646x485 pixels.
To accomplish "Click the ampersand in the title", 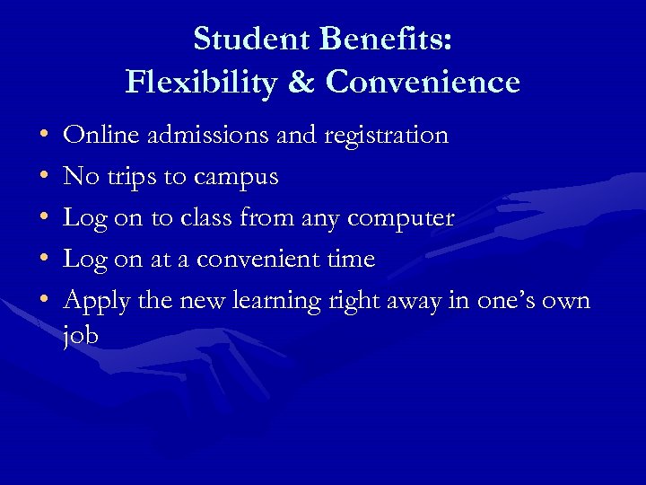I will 302,83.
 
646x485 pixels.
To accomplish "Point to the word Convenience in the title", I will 423,83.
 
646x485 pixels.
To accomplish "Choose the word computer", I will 400,219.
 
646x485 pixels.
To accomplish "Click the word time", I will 349,260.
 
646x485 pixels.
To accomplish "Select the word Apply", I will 96,302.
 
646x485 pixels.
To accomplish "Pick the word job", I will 81,336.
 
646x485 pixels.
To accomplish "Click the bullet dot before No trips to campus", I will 44,178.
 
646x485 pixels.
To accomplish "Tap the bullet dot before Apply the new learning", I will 44,301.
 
